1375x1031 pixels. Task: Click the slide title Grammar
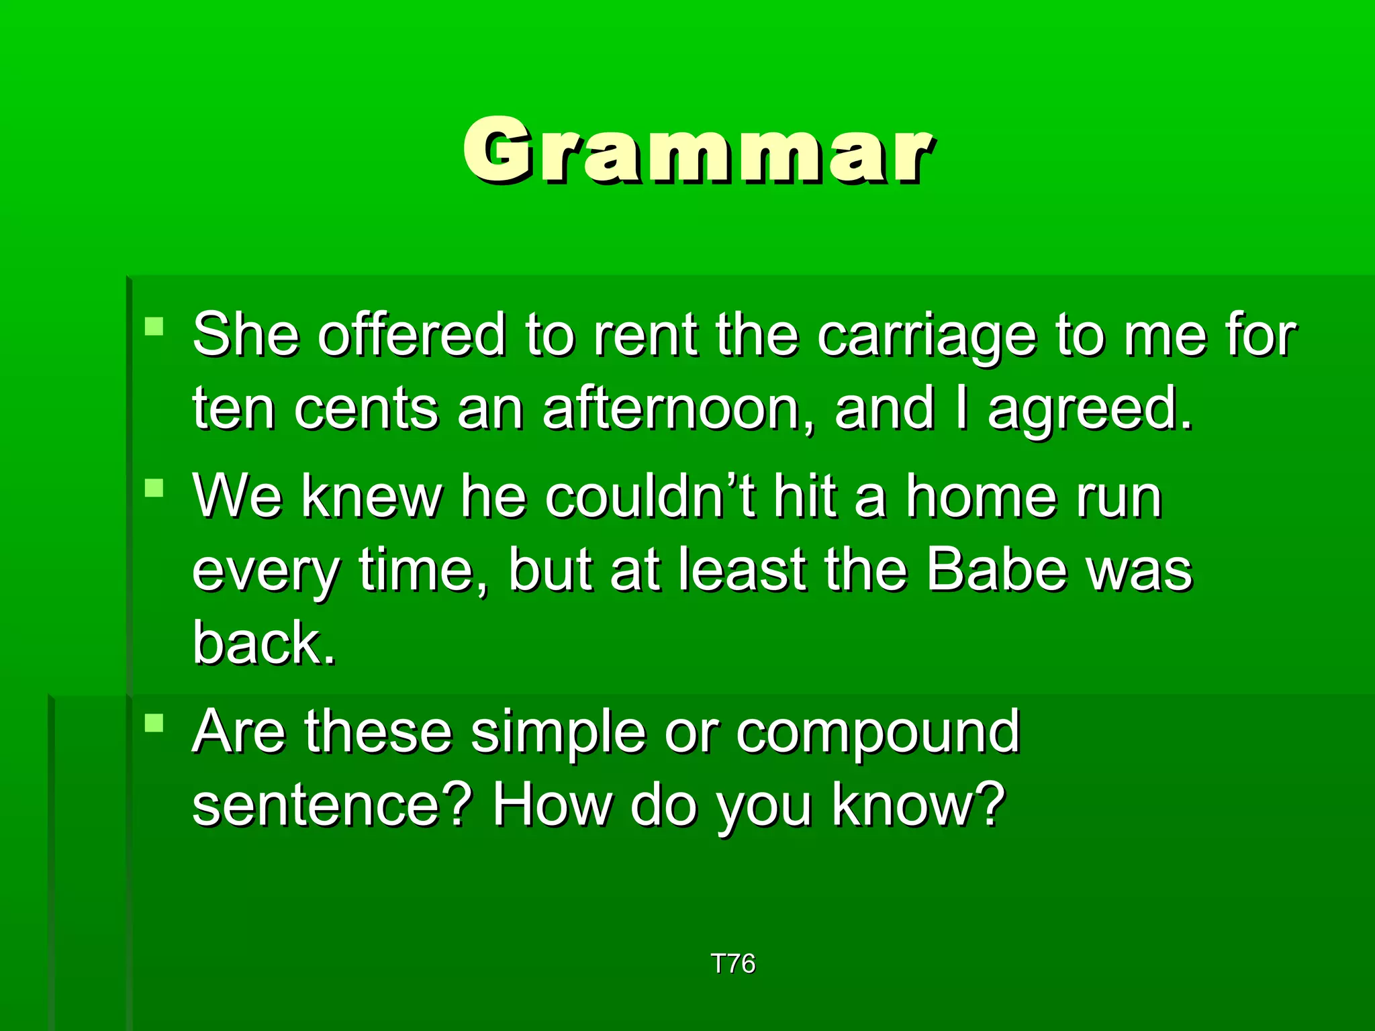coord(698,150)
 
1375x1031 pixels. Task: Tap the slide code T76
coord(732,964)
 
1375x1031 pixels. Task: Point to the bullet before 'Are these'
coord(154,723)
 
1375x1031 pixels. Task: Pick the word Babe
coord(996,570)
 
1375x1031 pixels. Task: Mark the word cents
coord(366,409)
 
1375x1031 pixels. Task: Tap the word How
coord(551,805)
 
